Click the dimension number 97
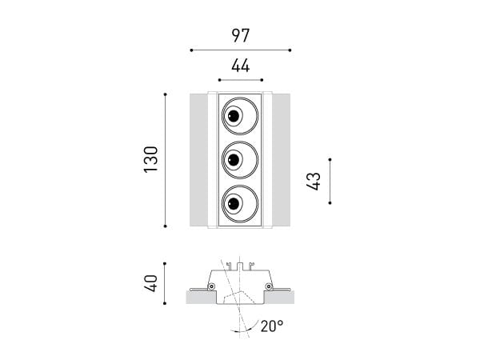[x=241, y=35]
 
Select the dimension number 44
[x=241, y=66]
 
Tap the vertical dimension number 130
[x=151, y=159]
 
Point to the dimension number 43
[x=314, y=182]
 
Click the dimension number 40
[x=151, y=283]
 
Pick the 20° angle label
[x=272, y=326]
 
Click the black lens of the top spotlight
[x=234, y=116]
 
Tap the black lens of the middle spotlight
[x=234, y=159]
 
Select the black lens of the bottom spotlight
[x=234, y=203]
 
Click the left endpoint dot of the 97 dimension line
[x=191, y=50]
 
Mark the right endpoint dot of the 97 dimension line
[x=290, y=50]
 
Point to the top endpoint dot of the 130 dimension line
[x=166, y=94]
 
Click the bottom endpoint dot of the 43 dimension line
[x=330, y=202]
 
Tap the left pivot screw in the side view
[x=211, y=286]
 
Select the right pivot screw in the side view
[x=269, y=286]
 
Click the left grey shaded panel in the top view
[x=198, y=160]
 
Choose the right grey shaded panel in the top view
[x=281, y=160]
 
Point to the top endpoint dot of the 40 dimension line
[x=165, y=263]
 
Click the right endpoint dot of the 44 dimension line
[x=262, y=80]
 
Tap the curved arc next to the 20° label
[x=245, y=327]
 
